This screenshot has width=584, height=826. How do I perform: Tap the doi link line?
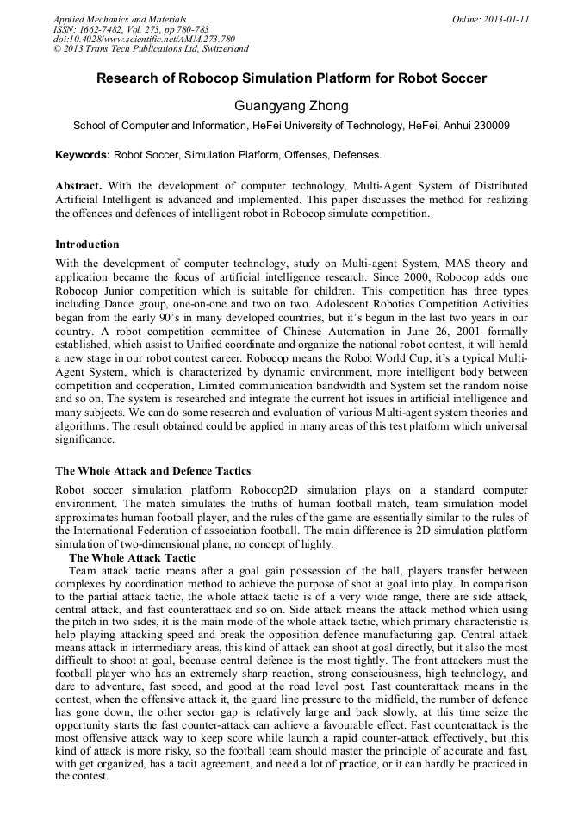144,39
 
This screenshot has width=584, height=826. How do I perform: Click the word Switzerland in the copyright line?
221,49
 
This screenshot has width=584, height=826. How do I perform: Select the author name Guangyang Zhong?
291,106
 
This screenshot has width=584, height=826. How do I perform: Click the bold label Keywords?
83,156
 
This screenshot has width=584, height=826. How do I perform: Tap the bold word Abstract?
78,186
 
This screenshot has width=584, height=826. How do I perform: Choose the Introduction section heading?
87,245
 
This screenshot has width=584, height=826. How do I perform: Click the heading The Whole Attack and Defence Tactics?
152,471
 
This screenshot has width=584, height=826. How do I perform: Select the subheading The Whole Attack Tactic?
132,558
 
